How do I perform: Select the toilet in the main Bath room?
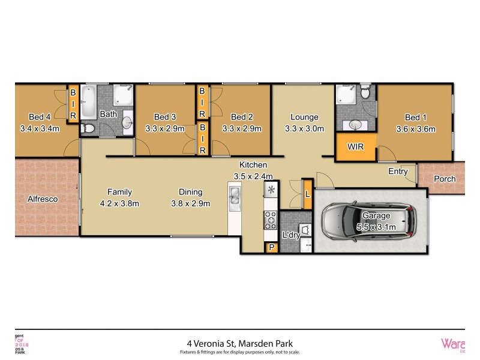pyautogui.click(x=88, y=128)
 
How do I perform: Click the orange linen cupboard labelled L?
pyautogui.click(x=307, y=194)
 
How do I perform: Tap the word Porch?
pyautogui.click(x=445, y=179)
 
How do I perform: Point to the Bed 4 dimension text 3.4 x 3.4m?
pyautogui.click(x=40, y=128)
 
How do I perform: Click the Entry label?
pyautogui.click(x=398, y=172)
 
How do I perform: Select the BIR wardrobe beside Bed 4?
pyautogui.click(x=73, y=104)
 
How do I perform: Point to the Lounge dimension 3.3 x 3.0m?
pyautogui.click(x=304, y=128)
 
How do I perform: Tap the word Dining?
pyautogui.click(x=190, y=192)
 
